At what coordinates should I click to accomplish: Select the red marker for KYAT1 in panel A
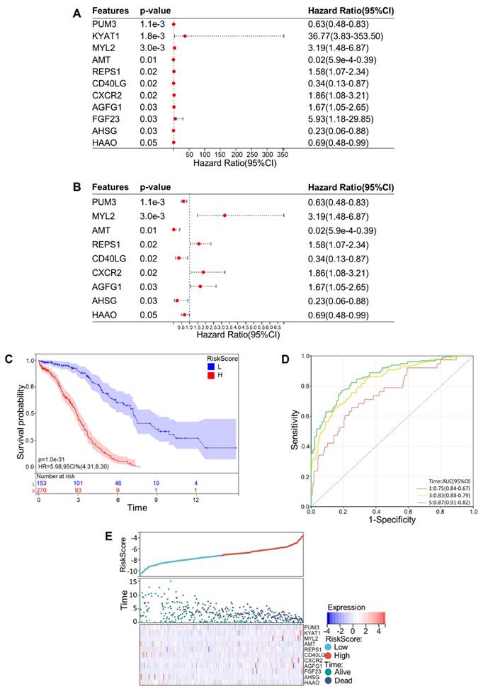point(186,35)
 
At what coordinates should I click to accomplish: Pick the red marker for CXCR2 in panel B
point(203,272)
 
